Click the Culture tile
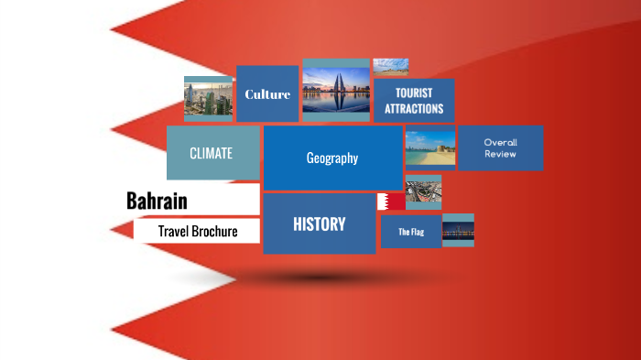point(267,93)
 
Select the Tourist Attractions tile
point(414,101)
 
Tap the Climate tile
point(212,153)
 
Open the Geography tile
point(332,158)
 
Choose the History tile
point(319,224)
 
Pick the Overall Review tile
point(500,148)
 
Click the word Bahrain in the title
point(157,201)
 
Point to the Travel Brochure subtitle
point(197,232)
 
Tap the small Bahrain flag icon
point(391,202)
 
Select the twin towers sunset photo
point(336,92)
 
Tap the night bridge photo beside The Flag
point(458,231)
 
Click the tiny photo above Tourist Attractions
point(391,66)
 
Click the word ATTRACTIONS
point(414,109)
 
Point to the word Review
point(501,154)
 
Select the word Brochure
point(214,232)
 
